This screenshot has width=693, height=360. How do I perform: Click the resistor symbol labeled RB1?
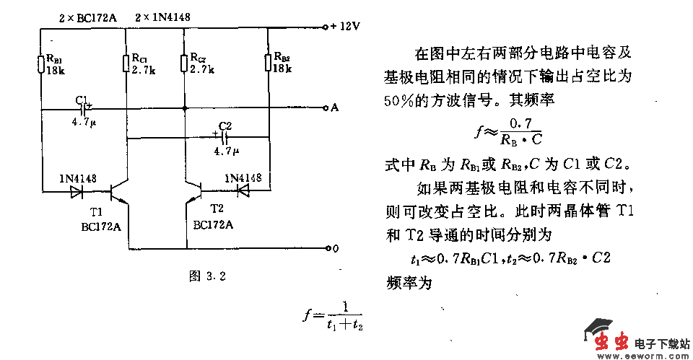pyautogui.click(x=41, y=64)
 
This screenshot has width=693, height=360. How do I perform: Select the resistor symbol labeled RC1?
pyautogui.click(x=126, y=63)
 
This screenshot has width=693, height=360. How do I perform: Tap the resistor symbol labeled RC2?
pyautogui.click(x=185, y=63)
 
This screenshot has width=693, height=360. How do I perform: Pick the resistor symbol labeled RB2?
pyautogui.click(x=268, y=62)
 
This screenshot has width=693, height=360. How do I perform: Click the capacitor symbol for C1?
pyautogui.click(x=84, y=110)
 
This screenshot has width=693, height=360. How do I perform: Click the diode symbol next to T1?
pyautogui.click(x=77, y=192)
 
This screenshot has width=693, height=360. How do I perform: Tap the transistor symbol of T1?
pyautogui.click(x=119, y=193)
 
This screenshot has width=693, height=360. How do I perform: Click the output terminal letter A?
pyautogui.click(x=334, y=108)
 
